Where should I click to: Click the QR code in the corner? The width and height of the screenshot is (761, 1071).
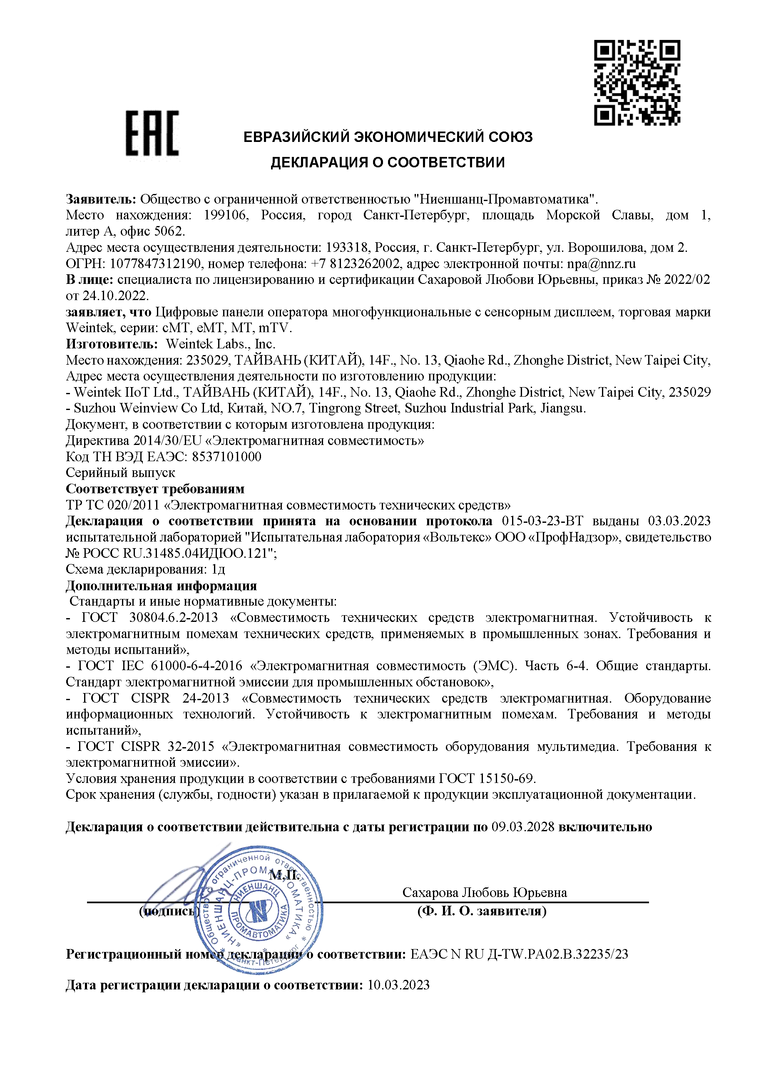pos(637,83)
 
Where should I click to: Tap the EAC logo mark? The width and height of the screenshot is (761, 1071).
pos(152,133)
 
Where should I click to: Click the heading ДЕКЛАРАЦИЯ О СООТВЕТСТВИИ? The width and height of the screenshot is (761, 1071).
pos(388,163)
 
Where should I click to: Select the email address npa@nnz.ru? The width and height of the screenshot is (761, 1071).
pos(601,264)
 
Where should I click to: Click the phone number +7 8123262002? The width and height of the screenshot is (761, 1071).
pos(355,264)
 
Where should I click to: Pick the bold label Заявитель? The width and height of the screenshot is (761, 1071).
pos(101,199)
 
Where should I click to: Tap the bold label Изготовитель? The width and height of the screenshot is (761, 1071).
pos(112,344)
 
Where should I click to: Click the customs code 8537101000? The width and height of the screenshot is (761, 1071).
pos(226,456)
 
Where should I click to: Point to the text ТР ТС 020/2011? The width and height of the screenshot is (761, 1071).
pos(112,505)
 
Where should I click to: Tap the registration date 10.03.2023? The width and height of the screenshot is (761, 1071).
pos(398,985)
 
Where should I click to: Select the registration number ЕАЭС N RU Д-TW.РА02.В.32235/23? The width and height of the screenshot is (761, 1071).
pos(519,954)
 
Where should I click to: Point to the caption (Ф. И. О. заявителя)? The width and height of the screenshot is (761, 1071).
pos(482,911)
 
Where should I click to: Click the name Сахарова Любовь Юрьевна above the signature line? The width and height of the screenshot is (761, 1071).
pos(485,892)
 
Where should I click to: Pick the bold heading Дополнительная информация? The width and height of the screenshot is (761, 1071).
pos(161,586)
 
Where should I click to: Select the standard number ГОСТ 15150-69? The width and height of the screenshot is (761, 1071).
pos(487,779)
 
